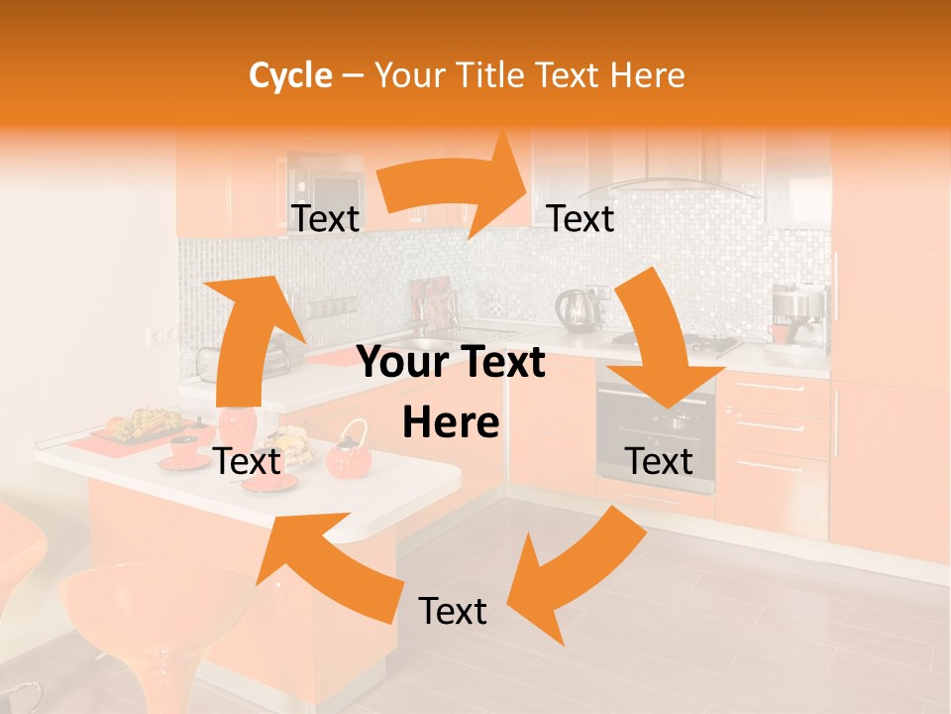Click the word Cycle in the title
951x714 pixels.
tap(290, 75)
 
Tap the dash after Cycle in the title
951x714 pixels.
tap(352, 76)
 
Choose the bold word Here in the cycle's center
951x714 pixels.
tap(451, 423)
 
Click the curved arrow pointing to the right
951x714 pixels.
tap(456, 188)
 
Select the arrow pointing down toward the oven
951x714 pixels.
tap(662, 347)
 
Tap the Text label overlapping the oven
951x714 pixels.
tap(659, 461)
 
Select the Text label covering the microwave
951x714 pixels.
tap(325, 219)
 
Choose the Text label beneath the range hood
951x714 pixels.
tap(581, 219)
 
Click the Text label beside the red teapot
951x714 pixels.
tap(247, 461)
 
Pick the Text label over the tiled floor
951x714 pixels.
tap(453, 611)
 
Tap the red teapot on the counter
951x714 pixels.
tap(349, 453)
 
